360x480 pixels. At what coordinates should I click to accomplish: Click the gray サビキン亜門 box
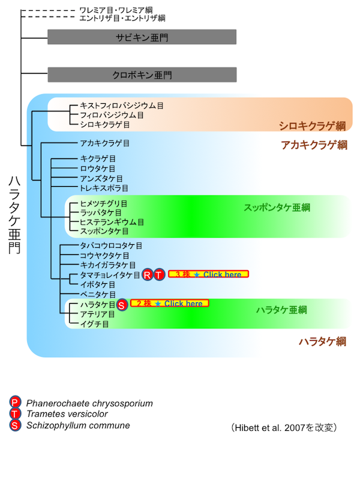142,37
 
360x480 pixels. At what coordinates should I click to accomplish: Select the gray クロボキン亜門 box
142,75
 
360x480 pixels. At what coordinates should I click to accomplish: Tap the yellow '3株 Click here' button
208,274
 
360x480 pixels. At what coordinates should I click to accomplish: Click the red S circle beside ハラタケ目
121,305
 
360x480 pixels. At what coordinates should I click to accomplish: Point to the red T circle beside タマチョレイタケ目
158,275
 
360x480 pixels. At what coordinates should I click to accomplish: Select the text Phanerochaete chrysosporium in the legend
89,403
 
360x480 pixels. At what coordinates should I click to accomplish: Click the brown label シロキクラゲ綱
312,125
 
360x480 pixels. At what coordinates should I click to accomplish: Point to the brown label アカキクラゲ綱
314,145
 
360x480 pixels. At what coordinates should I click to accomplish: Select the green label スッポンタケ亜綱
277,208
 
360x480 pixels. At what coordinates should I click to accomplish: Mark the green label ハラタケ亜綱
281,310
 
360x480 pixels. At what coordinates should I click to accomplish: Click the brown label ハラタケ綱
322,341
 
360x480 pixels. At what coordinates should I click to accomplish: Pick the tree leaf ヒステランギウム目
112,221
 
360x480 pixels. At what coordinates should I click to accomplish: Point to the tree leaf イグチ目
94,323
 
